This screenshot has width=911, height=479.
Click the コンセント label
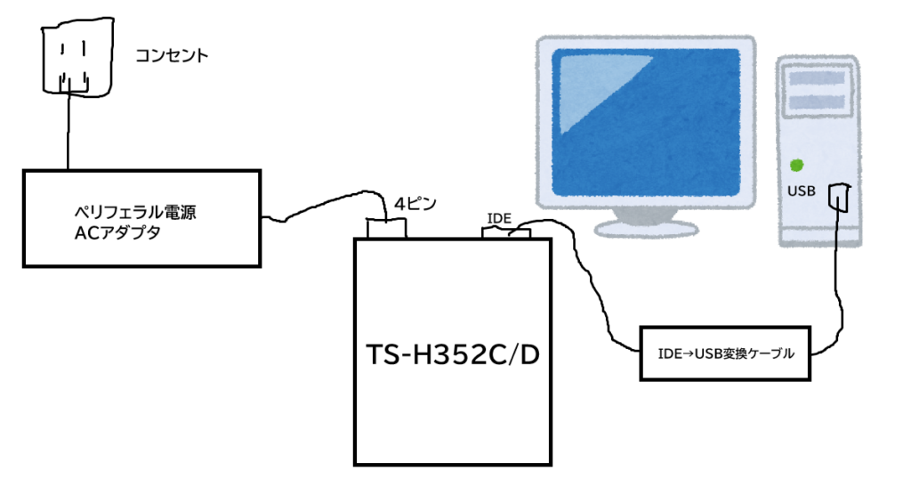coord(172,56)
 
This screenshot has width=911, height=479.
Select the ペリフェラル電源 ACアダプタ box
coord(141,218)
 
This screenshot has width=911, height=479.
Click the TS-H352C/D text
coord(455,356)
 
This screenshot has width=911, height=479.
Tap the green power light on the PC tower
coord(797,164)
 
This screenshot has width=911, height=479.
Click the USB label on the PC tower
coord(801,192)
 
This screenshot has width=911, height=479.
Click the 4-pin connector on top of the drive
coord(387,228)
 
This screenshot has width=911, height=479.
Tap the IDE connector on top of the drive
coord(506,233)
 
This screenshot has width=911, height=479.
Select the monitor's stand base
coord(644,227)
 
